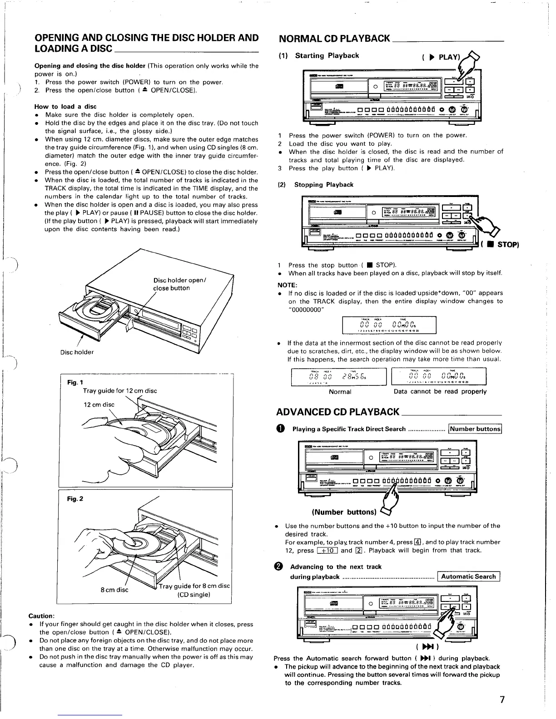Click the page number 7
coord(501,699)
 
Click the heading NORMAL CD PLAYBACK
coord(334,38)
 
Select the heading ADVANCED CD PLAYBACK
coord(338,412)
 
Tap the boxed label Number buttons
coord(475,429)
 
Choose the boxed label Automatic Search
coord(468,576)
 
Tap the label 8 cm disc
coord(114,590)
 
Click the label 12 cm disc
coord(99,404)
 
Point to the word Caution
coord(41,616)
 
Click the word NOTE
coord(287,285)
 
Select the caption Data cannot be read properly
coord(440,391)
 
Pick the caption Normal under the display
coord(340,392)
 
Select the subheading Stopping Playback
coord(323,185)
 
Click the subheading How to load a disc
coord(65,107)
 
